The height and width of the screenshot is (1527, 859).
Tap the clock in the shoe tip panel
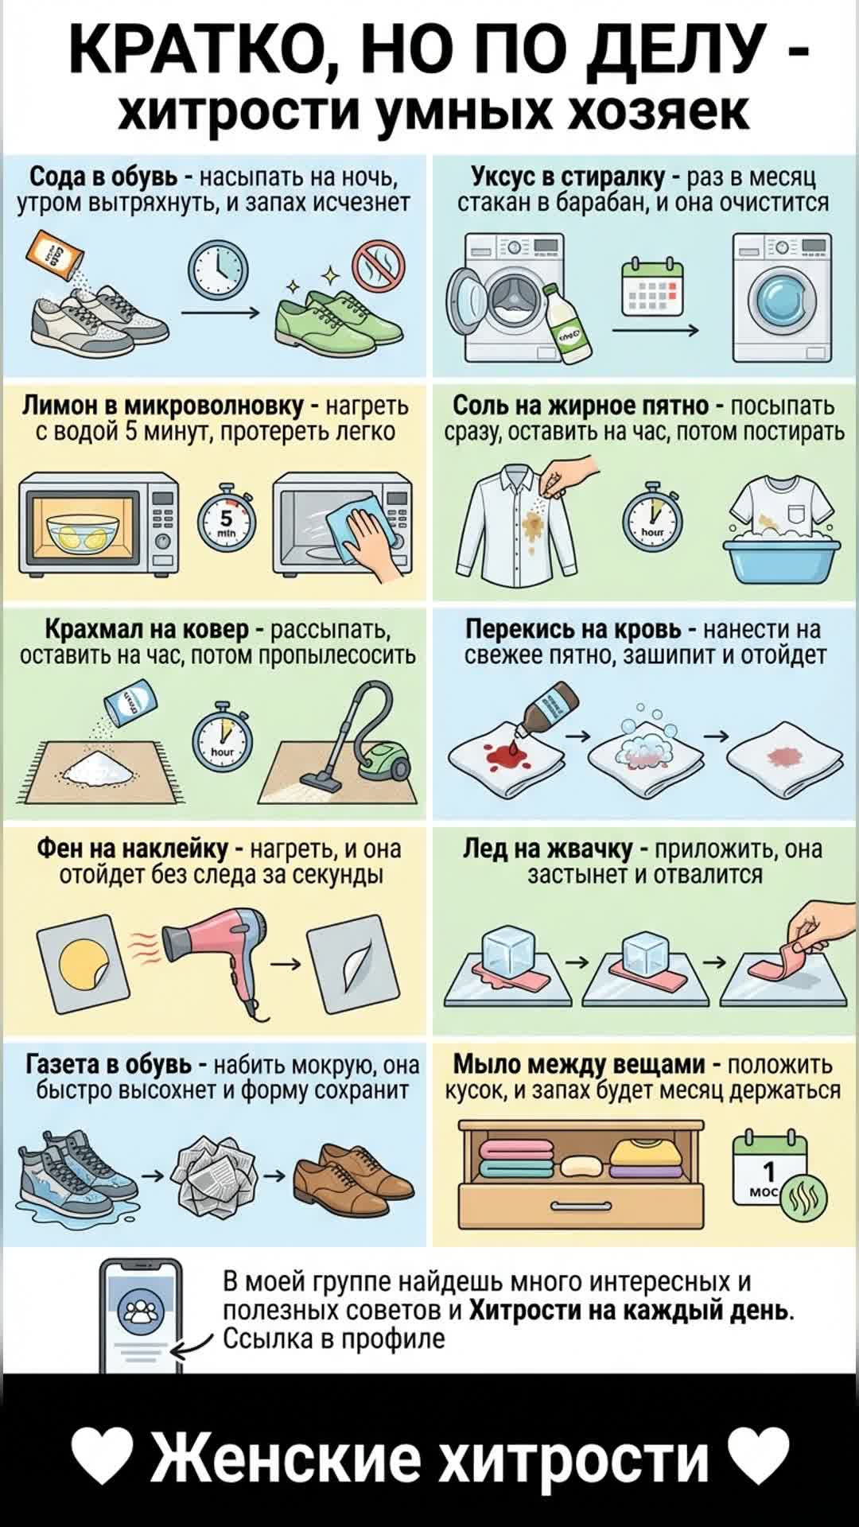[x=218, y=271]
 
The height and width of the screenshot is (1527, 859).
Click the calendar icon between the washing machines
[x=652, y=286]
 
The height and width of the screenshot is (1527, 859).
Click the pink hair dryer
[x=219, y=953]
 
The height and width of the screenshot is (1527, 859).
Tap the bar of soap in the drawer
[x=582, y=1166]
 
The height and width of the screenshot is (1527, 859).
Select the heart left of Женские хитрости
[x=101, y=1457]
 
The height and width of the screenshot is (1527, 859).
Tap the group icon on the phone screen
[x=140, y=1311]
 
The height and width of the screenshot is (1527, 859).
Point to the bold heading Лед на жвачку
[x=547, y=849]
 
